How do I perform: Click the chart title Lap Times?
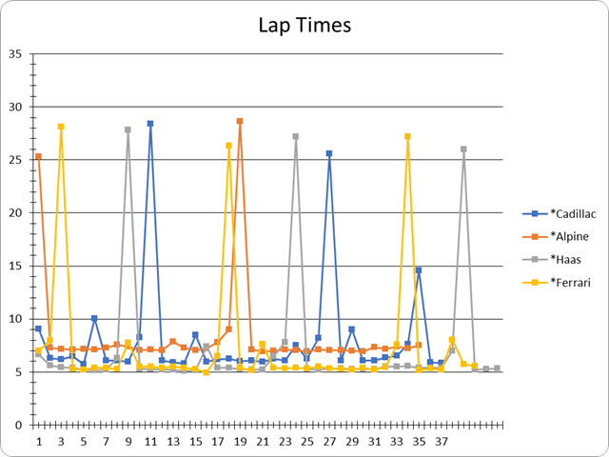click(304, 25)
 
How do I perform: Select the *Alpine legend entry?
click(560, 236)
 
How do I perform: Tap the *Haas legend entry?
click(557, 259)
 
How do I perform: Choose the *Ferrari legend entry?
click(560, 282)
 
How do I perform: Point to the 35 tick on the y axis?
click(16, 53)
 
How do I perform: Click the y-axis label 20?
click(16, 212)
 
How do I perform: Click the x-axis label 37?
click(442, 442)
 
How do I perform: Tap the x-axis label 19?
click(240, 442)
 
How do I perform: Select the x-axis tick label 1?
click(39, 442)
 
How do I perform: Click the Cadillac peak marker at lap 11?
click(150, 124)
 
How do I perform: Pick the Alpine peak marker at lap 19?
click(240, 121)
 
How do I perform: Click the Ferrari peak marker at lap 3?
click(61, 127)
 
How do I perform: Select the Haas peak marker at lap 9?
click(128, 129)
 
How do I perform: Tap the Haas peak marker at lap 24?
click(296, 136)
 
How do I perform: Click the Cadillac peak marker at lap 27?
click(329, 153)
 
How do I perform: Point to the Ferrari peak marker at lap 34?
click(407, 136)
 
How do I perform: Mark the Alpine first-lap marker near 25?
click(38, 156)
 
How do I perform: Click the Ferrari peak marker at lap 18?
click(228, 146)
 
